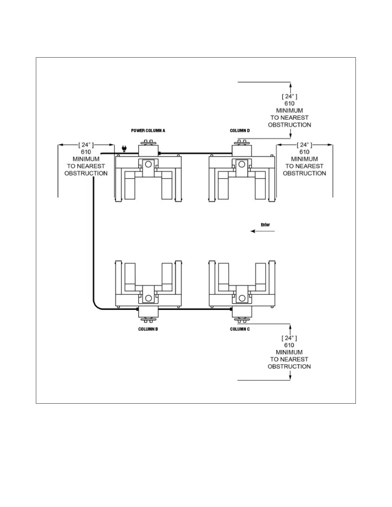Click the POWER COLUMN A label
[x=148, y=131]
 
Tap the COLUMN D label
[x=240, y=131]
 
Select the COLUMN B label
[x=148, y=329]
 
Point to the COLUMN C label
[x=240, y=329]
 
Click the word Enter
[x=265, y=225]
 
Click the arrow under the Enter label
[x=262, y=231]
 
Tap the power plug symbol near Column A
[x=124, y=148]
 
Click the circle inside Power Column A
[x=148, y=165]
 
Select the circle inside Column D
[x=242, y=165]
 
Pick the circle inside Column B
[x=148, y=298]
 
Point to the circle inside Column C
[x=242, y=298]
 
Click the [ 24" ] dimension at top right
[x=290, y=96]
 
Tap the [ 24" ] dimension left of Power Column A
[x=86, y=145]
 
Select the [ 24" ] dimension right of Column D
[x=304, y=145]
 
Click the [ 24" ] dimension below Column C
[x=289, y=338]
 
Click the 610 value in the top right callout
[x=290, y=103]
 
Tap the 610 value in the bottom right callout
[x=289, y=345]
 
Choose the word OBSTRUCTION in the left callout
[x=86, y=173]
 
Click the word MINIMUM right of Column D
[x=304, y=159]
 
